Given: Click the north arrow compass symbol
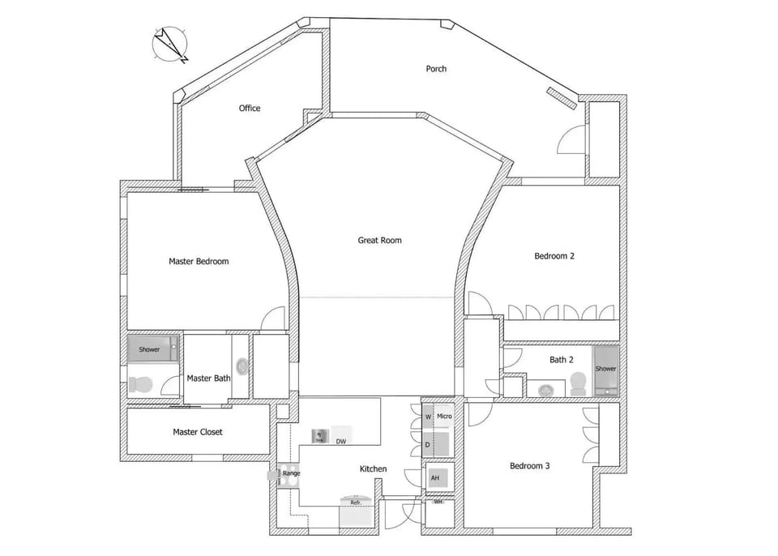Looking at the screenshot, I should tap(170, 45).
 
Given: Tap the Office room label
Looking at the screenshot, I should tap(250, 109).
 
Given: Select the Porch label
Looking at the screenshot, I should tap(436, 69).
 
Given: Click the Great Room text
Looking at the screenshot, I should tap(379, 240).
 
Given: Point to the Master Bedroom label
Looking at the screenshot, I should tap(199, 262).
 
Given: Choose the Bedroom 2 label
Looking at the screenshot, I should tap(554, 256).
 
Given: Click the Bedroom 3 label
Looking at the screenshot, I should tap(530, 466).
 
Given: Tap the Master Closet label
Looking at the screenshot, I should tap(198, 432).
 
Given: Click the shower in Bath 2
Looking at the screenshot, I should tap(606, 370).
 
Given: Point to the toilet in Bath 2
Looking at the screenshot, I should tap(578, 383).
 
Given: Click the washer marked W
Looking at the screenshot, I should tap(428, 417).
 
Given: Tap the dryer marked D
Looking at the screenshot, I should tap(428, 445).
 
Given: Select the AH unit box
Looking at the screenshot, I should tap(435, 478).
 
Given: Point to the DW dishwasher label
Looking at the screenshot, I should tap(341, 442).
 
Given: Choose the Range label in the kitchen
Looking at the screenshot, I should tap(291, 473).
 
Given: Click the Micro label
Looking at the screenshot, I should tap(444, 417).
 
